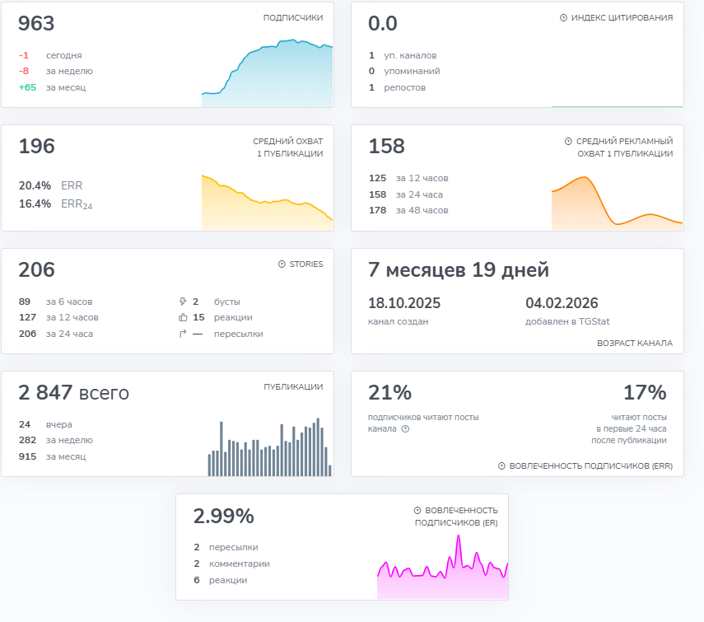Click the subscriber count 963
tap(36, 23)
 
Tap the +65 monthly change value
tap(27, 87)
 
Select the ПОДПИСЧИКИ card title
tap(293, 17)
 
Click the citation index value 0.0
tap(383, 23)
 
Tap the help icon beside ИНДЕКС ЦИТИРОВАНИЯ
tap(563, 17)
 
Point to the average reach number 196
tap(36, 146)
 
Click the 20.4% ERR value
tap(35, 185)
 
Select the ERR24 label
tap(77, 203)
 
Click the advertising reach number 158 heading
tap(386, 146)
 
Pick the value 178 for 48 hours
tap(377, 210)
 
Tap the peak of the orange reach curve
tap(585, 177)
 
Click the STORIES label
tap(306, 264)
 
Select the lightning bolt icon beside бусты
tap(183, 302)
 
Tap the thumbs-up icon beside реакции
tap(183, 317)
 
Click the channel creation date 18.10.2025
tap(404, 303)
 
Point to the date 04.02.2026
tap(562, 303)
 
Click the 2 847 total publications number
tap(45, 392)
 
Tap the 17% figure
tap(645, 392)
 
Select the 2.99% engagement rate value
tap(224, 516)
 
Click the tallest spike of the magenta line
tap(459, 535)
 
